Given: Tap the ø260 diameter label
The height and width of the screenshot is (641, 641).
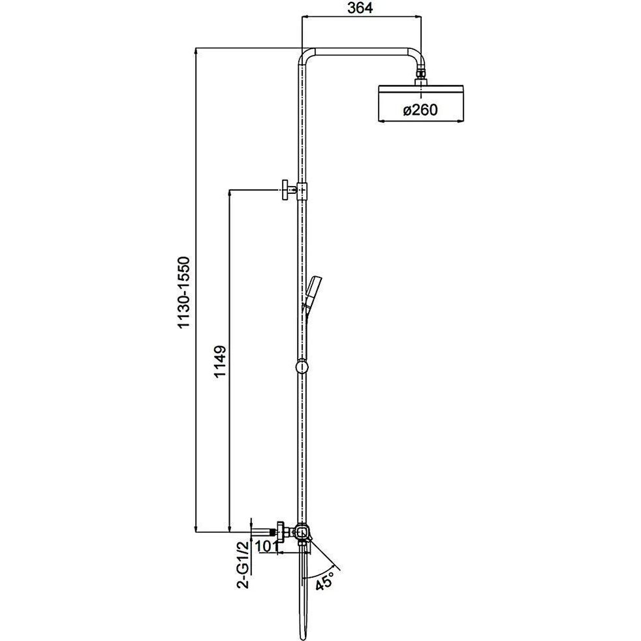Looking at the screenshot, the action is pos(420,110).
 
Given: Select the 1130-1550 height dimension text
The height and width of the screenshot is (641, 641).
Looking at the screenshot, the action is pos(184,292).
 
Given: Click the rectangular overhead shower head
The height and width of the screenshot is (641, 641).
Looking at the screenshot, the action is pos(421,103).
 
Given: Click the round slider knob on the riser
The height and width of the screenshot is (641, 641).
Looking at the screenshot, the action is pos(302,367).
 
